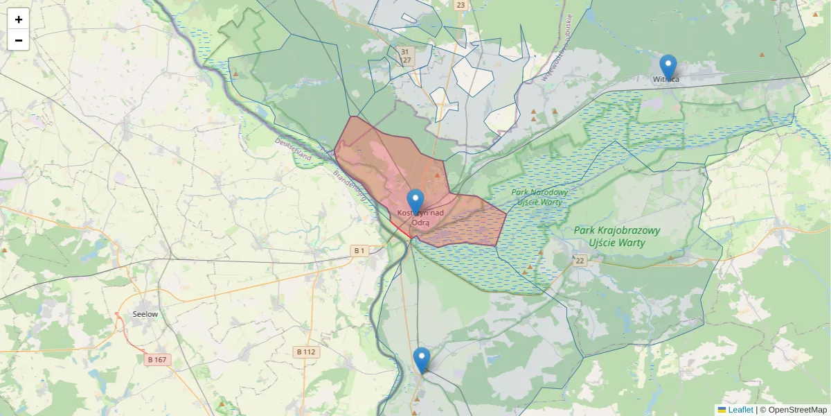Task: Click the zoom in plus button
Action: click(18, 19)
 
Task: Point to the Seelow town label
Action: click(145, 314)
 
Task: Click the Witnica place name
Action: click(665, 80)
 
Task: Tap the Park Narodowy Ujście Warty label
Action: click(540, 197)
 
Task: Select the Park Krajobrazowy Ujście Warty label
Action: click(616, 236)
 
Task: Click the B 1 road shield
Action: click(359, 250)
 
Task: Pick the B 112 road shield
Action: click(305, 352)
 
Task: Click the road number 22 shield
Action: click(580, 261)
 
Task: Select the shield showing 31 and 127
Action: click(406, 56)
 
